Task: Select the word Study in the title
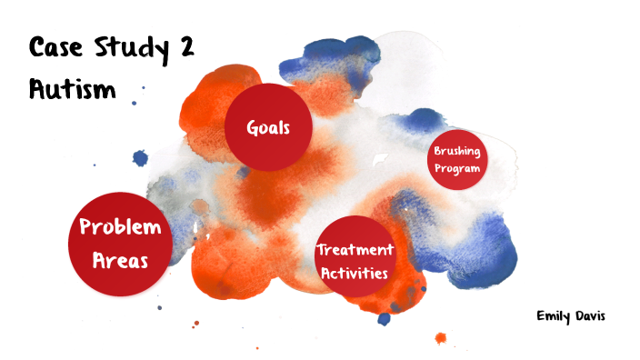pos(129,49)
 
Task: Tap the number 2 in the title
pos(186,48)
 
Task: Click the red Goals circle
pos(268,127)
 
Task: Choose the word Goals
pos(268,127)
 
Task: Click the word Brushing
pos(457,151)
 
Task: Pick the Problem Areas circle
pos(121,243)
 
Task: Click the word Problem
pos(121,227)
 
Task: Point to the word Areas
pos(121,259)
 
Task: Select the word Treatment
pos(355,249)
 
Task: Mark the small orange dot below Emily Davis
pos(441,338)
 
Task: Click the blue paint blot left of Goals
pos(140,158)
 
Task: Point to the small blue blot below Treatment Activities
pos(384,318)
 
